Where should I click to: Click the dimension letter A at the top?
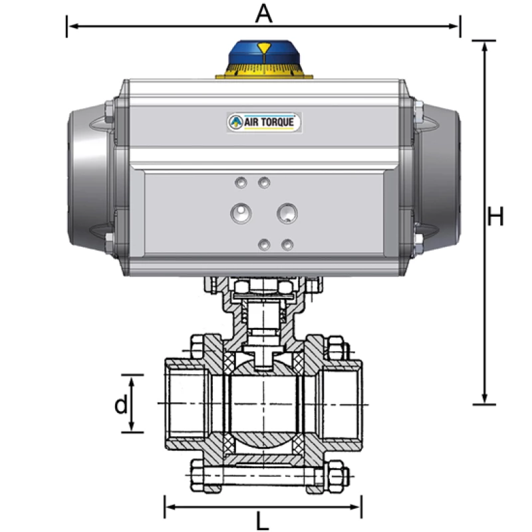(x=264, y=13)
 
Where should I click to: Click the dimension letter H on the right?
(x=495, y=217)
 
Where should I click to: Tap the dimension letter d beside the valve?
(x=120, y=404)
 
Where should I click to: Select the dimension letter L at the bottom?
(x=263, y=521)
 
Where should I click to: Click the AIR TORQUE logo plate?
(x=264, y=122)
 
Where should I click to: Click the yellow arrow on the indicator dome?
(x=265, y=48)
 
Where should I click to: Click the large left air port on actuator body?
(x=239, y=213)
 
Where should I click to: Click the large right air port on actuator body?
(x=288, y=213)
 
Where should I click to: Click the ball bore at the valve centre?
(x=264, y=404)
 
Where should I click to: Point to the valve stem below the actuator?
(x=264, y=326)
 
